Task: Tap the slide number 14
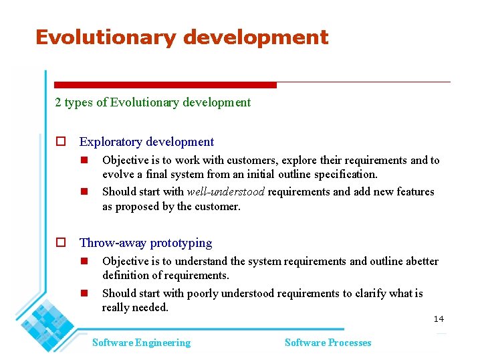point(439,319)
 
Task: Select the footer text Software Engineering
point(141,343)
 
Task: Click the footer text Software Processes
point(328,343)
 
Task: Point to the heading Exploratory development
point(146,142)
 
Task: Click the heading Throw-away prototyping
point(146,243)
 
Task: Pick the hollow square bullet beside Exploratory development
point(60,142)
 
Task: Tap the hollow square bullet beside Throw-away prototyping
point(60,243)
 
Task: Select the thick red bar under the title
point(164,85)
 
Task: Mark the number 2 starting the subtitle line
point(58,102)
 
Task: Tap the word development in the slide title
point(255,37)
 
